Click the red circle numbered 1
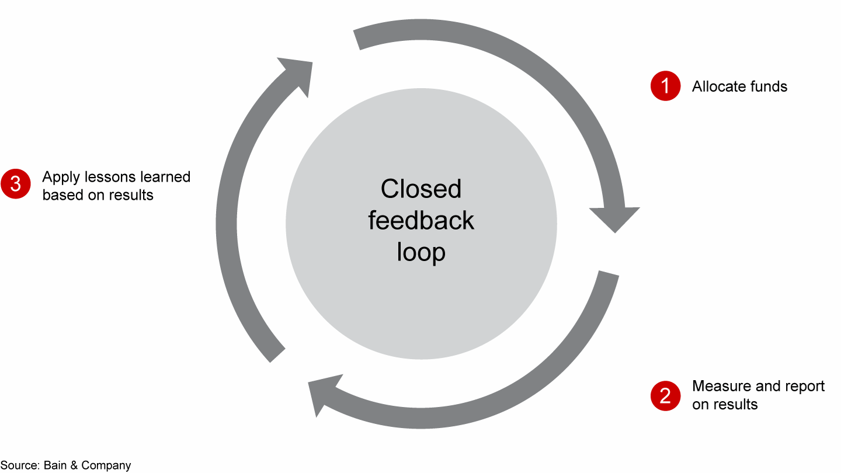pos(665,86)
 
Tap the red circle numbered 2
pos(665,396)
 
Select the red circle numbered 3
pos(16,185)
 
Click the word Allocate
pos(718,86)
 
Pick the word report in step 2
pos(804,386)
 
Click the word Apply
pos(60,178)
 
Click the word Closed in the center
pos(420,189)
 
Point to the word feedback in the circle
pos(420,221)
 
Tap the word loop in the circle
pos(420,253)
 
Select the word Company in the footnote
pos(106,465)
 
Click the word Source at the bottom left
pos(20,465)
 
